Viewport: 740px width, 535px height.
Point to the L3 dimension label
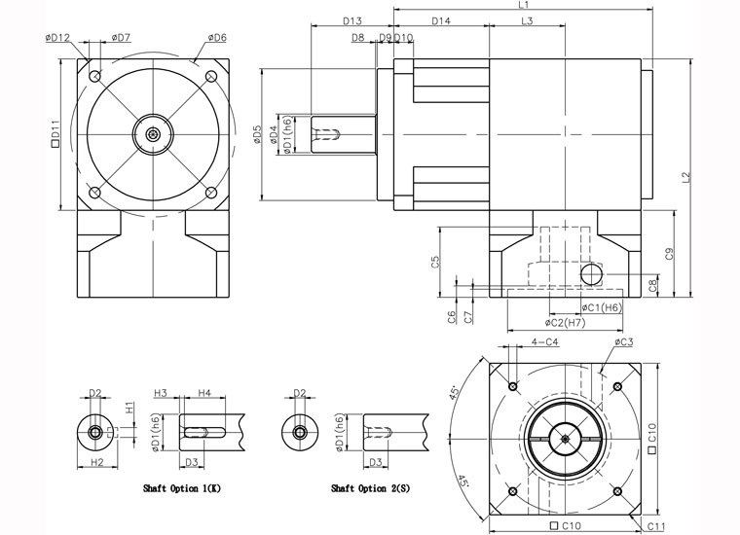coord(526,20)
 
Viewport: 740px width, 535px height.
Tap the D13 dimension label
coord(352,20)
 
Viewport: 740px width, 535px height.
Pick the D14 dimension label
coord(440,20)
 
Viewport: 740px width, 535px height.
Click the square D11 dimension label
coord(55,130)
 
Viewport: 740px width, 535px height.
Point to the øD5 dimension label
coord(256,135)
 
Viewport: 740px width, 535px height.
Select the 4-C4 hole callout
coord(545,342)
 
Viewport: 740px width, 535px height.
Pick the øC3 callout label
coord(624,342)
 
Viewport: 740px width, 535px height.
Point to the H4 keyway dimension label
coord(204,392)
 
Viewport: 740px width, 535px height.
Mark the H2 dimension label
coord(95,461)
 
